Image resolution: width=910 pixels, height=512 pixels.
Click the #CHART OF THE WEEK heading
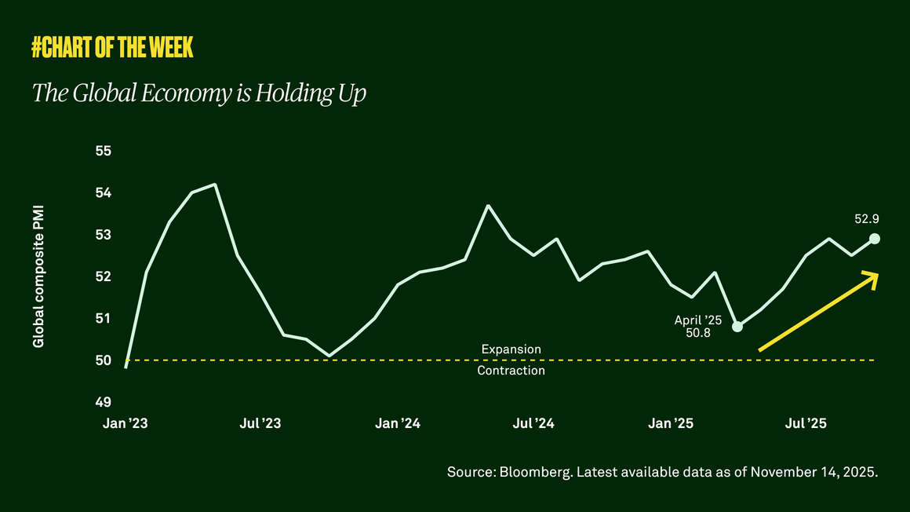tap(112, 49)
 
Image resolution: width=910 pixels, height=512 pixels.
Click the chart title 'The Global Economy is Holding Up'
tap(199, 93)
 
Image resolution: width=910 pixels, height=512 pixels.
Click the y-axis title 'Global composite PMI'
tap(38, 277)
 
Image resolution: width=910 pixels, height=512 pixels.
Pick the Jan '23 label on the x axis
tap(125, 424)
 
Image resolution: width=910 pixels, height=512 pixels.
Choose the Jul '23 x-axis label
tap(260, 424)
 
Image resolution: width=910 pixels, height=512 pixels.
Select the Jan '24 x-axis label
tap(398, 424)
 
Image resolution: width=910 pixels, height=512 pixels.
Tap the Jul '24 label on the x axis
tap(533, 424)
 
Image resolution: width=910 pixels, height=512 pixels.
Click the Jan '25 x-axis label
tap(672, 424)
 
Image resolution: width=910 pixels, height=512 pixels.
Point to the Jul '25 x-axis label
tap(806, 424)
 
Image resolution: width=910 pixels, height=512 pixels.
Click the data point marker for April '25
tap(737, 326)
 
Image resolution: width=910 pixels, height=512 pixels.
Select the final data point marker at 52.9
tap(875, 239)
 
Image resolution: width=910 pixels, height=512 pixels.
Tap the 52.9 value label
tap(867, 219)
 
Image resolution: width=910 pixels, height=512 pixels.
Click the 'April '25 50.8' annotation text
tap(697, 327)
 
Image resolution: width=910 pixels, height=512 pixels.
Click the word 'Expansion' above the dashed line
tap(511, 349)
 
